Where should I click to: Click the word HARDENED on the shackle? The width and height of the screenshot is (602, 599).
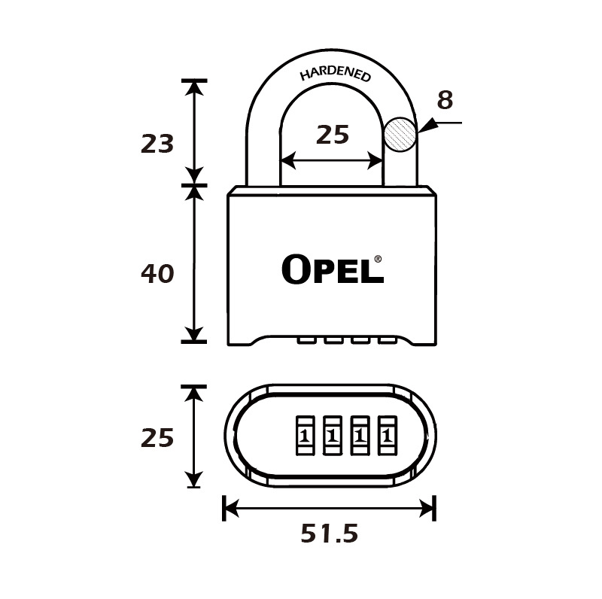(335, 74)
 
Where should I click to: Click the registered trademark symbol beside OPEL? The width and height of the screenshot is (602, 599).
(378, 259)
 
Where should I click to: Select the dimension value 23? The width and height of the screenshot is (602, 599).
(157, 144)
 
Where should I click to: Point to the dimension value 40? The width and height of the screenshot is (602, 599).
(157, 274)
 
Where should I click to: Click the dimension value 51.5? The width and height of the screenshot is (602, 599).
(330, 534)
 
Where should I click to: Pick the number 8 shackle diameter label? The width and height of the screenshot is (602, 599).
(445, 100)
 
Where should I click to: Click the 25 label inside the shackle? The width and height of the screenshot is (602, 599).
(333, 135)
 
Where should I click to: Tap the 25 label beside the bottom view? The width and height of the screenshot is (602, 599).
(157, 438)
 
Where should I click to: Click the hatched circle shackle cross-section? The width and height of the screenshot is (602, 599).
(400, 135)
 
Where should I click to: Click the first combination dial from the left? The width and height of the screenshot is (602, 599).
(306, 436)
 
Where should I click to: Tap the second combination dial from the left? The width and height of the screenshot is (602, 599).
(333, 436)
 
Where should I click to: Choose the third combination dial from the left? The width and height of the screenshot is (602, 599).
(360, 436)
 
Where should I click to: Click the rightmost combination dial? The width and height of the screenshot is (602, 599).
(388, 436)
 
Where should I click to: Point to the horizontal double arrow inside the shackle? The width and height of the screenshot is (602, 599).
(332, 160)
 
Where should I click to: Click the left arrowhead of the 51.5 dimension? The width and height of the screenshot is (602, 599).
(231, 509)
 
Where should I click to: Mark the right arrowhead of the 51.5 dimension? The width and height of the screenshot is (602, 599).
(427, 509)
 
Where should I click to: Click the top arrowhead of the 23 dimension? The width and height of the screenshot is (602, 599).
(194, 88)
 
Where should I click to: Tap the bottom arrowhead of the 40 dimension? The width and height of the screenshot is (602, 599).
(194, 333)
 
